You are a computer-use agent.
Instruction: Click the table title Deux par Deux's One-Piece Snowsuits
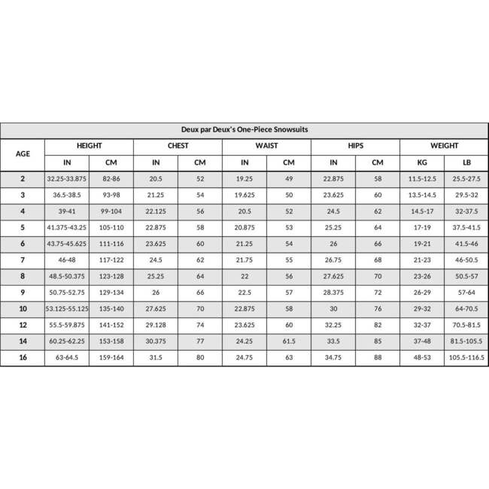click(244, 129)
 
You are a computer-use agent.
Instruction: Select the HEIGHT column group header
click(89, 146)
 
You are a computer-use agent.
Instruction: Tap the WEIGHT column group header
click(444, 146)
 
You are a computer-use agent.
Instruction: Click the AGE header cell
click(23, 153)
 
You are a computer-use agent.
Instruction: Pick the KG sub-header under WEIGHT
click(422, 162)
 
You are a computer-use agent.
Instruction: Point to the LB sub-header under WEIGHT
click(466, 162)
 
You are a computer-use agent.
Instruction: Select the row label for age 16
click(23, 358)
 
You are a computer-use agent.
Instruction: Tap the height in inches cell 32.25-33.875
click(67, 178)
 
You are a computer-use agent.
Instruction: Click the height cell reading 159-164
click(111, 358)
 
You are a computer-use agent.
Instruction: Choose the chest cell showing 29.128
click(156, 325)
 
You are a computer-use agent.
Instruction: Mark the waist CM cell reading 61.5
click(289, 342)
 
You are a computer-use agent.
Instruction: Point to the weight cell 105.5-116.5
click(466, 358)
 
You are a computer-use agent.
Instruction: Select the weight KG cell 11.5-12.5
click(422, 178)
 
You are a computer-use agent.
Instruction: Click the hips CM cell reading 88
click(378, 358)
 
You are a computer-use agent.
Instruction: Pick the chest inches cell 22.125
click(156, 211)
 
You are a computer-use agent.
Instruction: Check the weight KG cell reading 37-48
click(422, 342)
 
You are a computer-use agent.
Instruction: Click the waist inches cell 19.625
click(244, 194)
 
